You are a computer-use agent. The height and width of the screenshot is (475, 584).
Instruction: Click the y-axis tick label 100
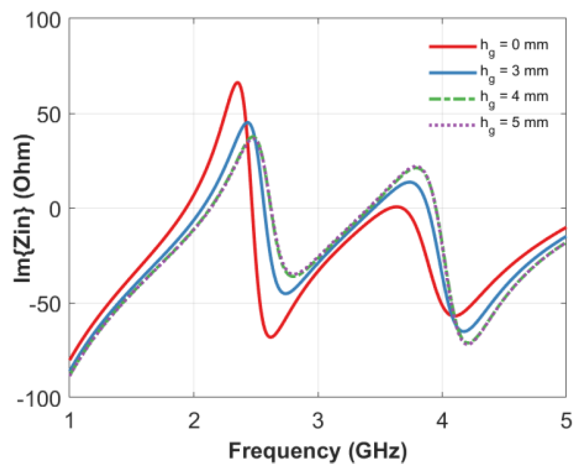tap(43, 20)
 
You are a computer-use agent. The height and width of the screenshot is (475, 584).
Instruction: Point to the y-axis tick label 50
tap(49, 115)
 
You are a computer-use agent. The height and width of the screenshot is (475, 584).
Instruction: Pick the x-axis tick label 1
tap(70, 421)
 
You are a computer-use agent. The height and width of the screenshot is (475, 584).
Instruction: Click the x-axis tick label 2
tap(194, 421)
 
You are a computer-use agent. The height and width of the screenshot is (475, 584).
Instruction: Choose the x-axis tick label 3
tap(318, 421)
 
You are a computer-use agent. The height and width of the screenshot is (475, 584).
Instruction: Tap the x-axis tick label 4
tap(442, 421)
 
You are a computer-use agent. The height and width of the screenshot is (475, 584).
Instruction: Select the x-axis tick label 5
tap(566, 421)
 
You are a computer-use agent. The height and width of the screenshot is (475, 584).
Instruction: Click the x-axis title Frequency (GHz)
tap(318, 451)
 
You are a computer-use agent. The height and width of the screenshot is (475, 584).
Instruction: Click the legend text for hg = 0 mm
tap(514, 46)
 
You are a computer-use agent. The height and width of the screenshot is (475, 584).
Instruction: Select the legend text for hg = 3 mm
tap(514, 72)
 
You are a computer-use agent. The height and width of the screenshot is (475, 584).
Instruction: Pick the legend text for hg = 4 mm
tap(514, 97)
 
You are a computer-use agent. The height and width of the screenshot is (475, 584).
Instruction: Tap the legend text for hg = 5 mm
tap(514, 123)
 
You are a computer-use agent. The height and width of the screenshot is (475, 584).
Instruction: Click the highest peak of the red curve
tap(237, 83)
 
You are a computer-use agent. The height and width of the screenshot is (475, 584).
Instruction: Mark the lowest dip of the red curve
tap(271, 337)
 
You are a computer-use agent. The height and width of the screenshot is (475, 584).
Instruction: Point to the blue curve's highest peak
tap(248, 122)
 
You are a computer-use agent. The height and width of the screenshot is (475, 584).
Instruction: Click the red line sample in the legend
tap(452, 46)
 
